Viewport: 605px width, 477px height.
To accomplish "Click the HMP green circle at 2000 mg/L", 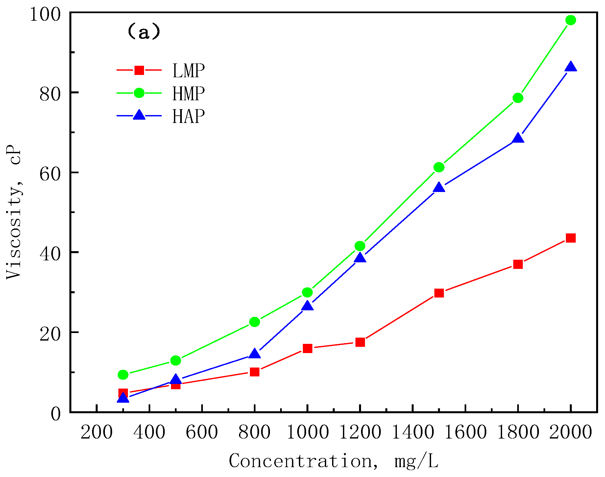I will pos(570,20).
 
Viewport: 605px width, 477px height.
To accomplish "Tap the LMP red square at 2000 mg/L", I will pos(570,238).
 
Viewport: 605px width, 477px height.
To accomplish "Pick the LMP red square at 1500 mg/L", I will pos(439,293).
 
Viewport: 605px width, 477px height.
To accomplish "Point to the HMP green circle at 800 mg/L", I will pos(254,322).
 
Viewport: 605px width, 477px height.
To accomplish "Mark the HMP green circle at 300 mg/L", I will pos(123,374).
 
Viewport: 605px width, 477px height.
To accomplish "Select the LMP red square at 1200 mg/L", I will pos(360,342).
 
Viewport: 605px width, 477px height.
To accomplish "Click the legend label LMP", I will pos(188,71).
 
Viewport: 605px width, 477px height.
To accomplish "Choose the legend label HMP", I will pos(188,94).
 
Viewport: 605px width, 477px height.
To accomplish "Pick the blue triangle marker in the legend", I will pos(139,115).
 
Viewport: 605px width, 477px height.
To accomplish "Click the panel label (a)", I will pos(144,32).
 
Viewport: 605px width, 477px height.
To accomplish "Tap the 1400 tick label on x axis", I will pos(413,432).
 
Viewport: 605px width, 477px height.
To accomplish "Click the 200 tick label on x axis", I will pos(96,432).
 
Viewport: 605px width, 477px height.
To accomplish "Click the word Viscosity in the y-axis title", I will pos(14,230).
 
